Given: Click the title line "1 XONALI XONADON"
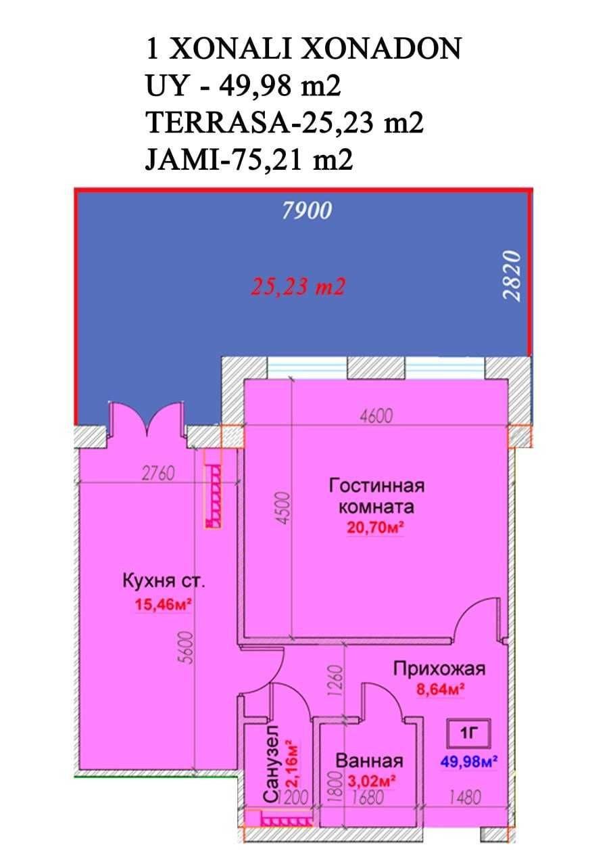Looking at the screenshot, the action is [303, 49].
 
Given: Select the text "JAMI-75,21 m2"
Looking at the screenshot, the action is [249, 160].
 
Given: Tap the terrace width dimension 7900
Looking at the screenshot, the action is [307, 211].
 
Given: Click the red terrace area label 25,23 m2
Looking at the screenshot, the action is [298, 287].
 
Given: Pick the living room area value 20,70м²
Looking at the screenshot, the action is [376, 527].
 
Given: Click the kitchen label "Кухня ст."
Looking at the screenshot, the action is [164, 581].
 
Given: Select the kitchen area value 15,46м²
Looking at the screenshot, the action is [164, 604].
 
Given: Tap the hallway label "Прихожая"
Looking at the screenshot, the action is [439, 668].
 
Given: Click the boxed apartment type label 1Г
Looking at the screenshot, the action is [469, 733].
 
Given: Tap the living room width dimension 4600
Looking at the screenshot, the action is [376, 416].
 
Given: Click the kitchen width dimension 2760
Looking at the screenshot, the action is [158, 473].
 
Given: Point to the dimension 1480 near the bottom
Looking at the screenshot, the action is [465, 797].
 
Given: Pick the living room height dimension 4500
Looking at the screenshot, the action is [285, 507].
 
